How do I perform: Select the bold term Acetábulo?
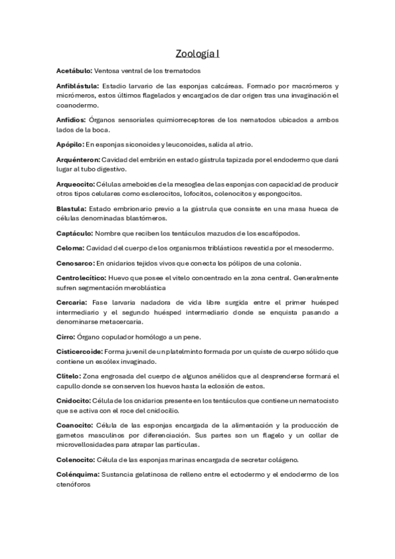tap(74, 71)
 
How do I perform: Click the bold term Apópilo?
tap(69, 144)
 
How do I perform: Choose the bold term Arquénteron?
tap(78, 160)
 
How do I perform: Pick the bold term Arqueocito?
tap(75, 184)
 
